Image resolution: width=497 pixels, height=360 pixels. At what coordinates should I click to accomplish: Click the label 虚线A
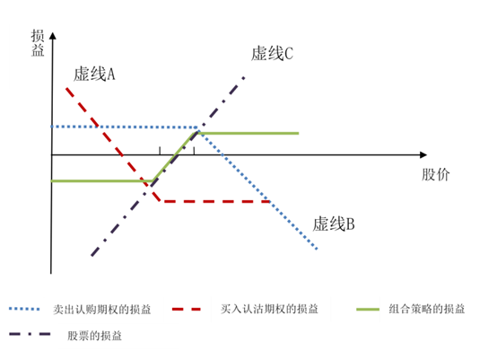pyautogui.click(x=94, y=75)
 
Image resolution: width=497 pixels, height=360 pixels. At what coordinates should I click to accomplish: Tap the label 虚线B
pyautogui.click(x=334, y=224)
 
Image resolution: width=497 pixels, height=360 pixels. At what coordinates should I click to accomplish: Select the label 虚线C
pyautogui.click(x=272, y=53)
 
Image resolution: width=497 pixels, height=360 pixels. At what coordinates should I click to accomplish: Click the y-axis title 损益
pyautogui.click(x=38, y=43)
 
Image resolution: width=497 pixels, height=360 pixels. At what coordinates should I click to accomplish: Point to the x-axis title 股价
pyautogui.click(x=435, y=174)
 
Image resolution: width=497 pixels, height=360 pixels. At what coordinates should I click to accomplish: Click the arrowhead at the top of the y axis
pyautogui.click(x=53, y=36)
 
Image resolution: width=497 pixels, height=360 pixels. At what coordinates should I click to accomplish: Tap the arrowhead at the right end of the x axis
pyautogui.click(x=423, y=154)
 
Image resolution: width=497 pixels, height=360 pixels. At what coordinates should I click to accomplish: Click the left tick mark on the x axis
pyautogui.click(x=160, y=151)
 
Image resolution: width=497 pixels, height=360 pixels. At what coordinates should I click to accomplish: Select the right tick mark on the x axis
pyautogui.click(x=194, y=151)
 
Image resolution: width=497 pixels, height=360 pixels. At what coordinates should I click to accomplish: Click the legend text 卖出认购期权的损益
pyautogui.click(x=101, y=309)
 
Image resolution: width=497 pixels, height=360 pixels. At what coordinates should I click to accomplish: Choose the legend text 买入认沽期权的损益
pyautogui.click(x=269, y=309)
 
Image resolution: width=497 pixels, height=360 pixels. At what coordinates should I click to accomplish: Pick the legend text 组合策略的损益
pyautogui.click(x=427, y=309)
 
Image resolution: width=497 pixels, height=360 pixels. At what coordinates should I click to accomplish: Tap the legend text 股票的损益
pyautogui.click(x=94, y=336)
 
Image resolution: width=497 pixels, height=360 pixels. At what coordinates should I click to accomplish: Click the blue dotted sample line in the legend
pyautogui.click(x=24, y=309)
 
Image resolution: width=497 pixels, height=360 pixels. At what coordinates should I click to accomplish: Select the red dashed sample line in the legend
pyautogui.click(x=187, y=309)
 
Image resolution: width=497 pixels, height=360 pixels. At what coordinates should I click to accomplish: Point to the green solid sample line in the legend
pyautogui.click(x=368, y=309)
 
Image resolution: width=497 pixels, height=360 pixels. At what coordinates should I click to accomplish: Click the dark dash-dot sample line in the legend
pyautogui.click(x=30, y=334)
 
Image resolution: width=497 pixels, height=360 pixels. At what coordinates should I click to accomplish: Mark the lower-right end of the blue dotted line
pyautogui.click(x=317, y=249)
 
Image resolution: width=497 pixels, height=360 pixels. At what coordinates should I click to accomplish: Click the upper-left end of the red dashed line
pyautogui.click(x=66, y=88)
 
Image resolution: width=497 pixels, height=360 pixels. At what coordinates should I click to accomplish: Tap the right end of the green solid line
pyautogui.click(x=299, y=133)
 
